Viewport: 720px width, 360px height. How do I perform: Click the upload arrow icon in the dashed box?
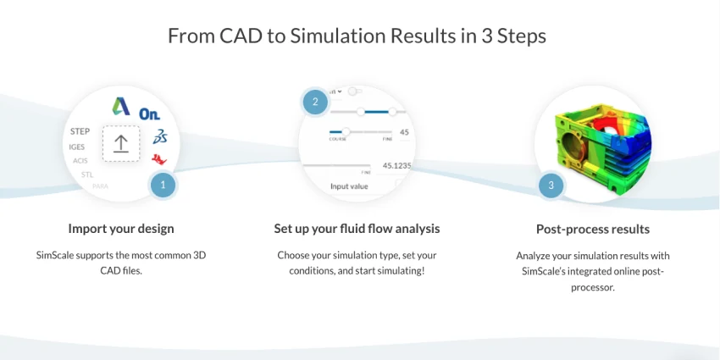coord(121,144)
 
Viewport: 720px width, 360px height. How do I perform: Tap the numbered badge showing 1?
coord(163,185)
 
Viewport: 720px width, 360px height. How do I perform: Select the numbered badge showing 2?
coord(315,102)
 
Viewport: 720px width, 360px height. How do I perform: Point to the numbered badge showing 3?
coord(551,186)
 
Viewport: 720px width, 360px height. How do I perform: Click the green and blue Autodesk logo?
coord(122,106)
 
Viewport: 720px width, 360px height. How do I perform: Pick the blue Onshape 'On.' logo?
coord(150,114)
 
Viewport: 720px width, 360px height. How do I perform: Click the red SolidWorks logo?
coord(158,158)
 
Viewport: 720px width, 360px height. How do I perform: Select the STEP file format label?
coord(80,131)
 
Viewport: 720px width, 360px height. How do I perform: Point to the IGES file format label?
coord(77,147)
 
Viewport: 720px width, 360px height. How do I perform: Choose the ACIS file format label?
coord(80,160)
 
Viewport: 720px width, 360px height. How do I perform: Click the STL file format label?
coord(86,174)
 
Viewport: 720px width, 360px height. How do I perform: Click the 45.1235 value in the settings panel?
coord(396,165)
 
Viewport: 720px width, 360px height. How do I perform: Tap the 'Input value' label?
coord(349,186)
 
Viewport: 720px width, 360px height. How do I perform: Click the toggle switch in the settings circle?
coord(355,91)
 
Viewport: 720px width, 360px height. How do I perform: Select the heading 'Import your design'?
coord(121,229)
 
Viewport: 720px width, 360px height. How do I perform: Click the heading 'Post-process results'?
coord(593,229)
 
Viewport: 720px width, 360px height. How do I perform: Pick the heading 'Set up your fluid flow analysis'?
coord(357,229)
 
